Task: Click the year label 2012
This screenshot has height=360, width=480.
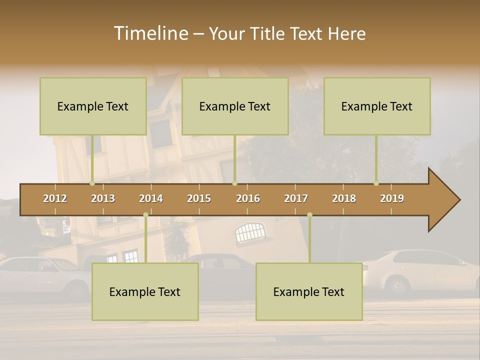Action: [x=55, y=198]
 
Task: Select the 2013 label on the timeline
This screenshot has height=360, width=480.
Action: [x=103, y=198]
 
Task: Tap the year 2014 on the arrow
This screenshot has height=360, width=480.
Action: [x=151, y=198]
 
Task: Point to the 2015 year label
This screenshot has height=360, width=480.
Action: [x=199, y=198]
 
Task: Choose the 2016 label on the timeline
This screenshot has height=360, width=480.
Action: [x=248, y=198]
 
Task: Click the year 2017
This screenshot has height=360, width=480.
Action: [x=296, y=198]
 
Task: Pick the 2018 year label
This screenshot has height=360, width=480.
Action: [x=344, y=198]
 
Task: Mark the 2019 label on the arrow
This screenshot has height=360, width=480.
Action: [x=392, y=198]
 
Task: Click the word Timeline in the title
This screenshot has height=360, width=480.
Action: [x=150, y=33]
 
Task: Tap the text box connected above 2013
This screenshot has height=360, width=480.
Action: [x=93, y=106]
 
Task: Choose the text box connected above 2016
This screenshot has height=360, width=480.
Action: [x=235, y=106]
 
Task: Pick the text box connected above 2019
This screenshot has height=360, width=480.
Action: [x=377, y=106]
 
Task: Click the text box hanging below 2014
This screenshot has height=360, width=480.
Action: [x=145, y=291]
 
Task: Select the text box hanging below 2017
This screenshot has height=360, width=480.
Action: [x=309, y=291]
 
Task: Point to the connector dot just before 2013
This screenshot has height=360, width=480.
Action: [x=92, y=183]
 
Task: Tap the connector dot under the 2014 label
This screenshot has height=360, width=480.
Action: [x=145, y=215]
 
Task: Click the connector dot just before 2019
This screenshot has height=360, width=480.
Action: [x=376, y=183]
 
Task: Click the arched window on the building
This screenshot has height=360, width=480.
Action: [x=249, y=232]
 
